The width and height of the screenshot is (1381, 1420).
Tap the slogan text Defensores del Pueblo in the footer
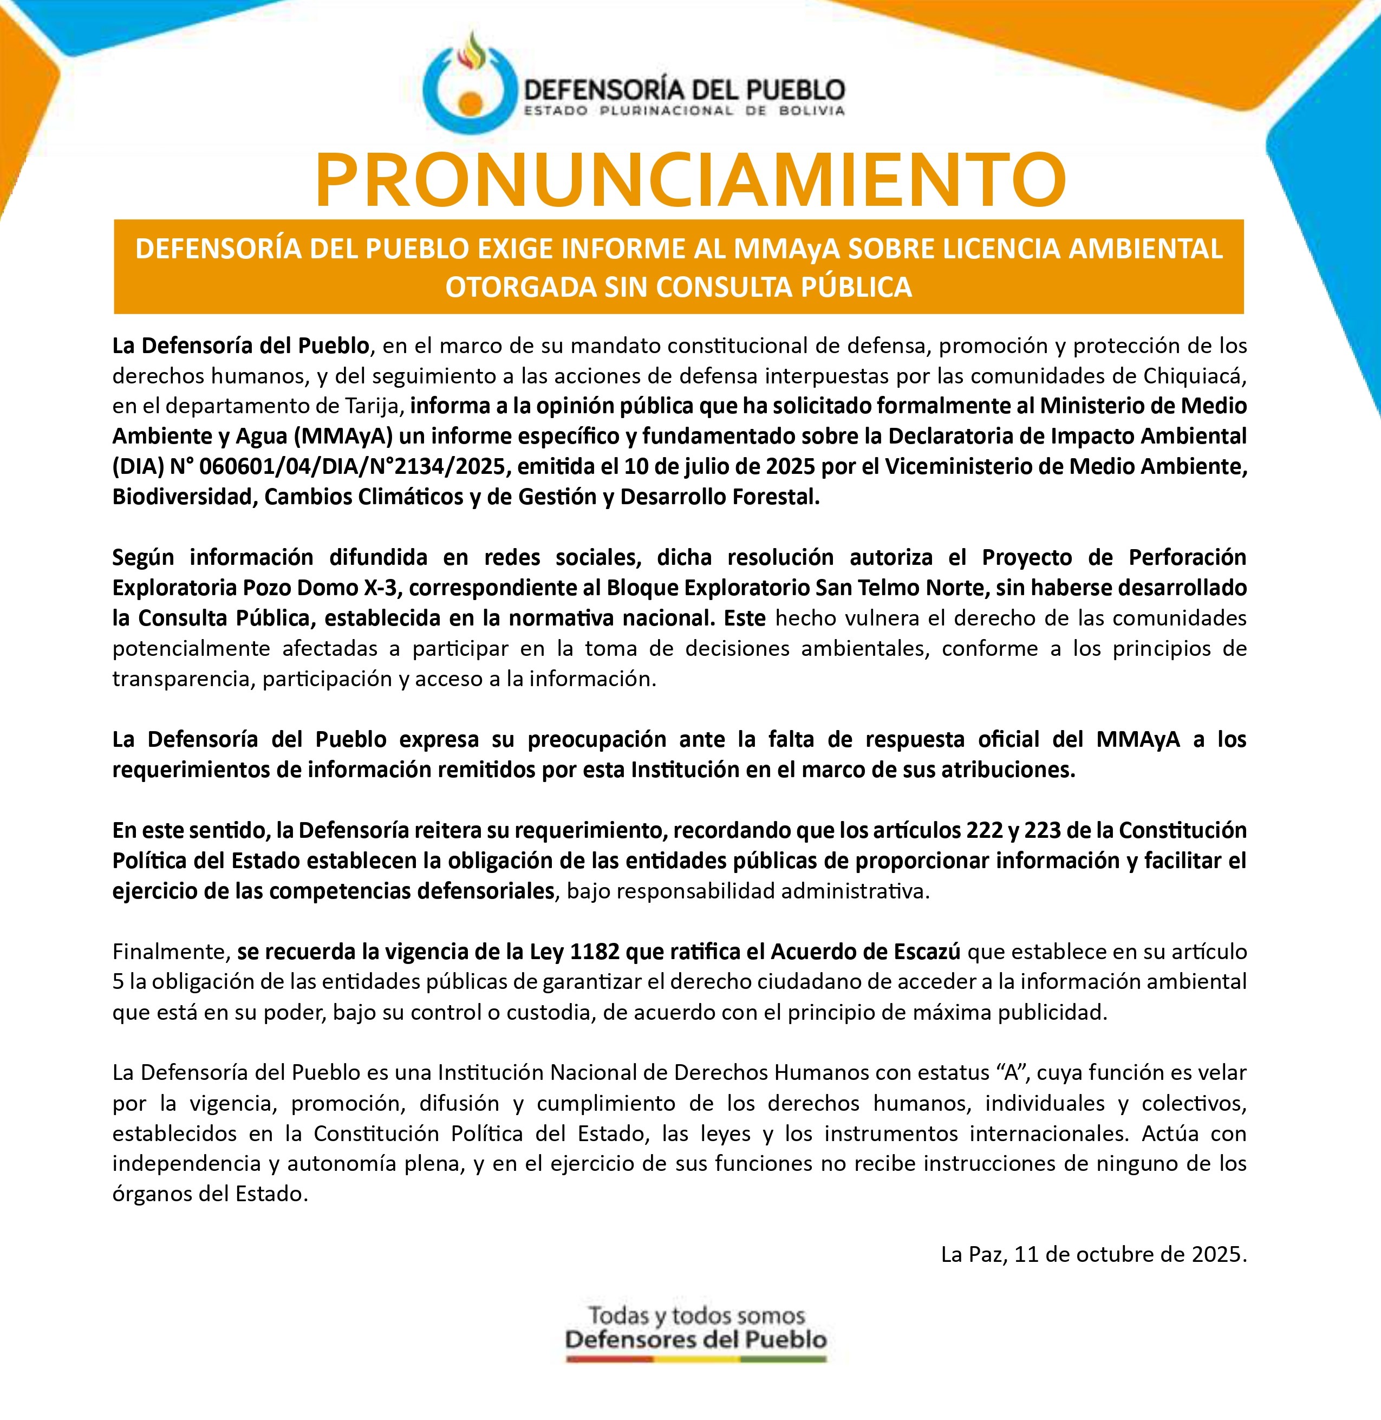695,1339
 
